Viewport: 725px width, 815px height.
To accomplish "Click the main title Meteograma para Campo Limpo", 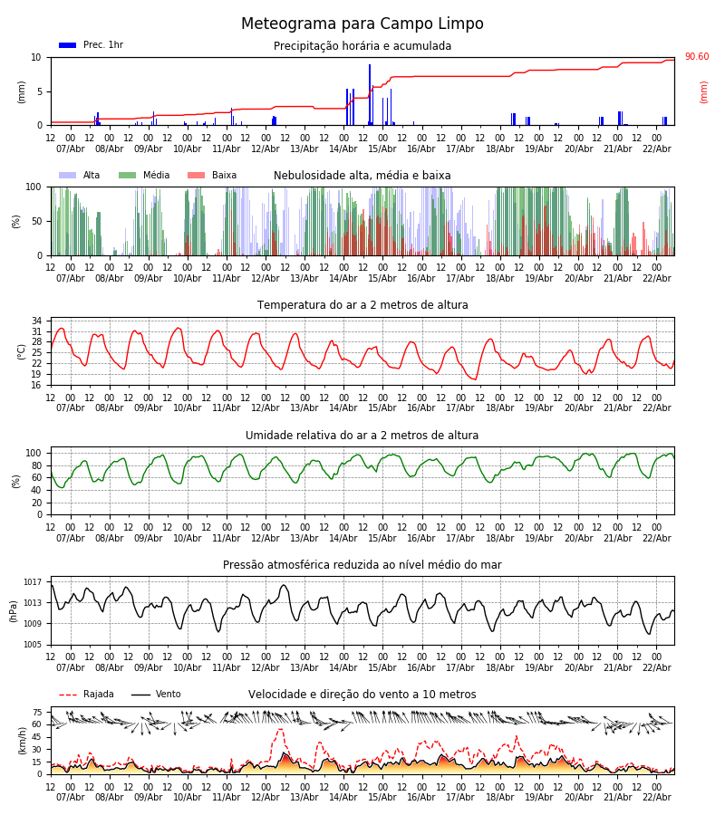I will (362, 24).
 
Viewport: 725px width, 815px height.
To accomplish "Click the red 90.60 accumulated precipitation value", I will (697, 57).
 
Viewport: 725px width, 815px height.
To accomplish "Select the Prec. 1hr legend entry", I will (91, 45).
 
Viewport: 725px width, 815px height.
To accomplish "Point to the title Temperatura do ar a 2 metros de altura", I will (362, 305).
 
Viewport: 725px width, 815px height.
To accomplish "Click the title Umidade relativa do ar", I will (362, 436).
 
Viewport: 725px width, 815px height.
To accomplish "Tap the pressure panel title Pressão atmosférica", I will (362, 565).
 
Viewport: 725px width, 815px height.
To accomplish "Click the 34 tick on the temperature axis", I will (36, 321).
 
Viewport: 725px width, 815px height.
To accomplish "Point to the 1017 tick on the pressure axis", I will (33, 582).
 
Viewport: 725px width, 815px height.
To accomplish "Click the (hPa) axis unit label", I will (14, 610).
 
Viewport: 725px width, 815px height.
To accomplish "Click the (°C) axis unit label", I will (22, 351).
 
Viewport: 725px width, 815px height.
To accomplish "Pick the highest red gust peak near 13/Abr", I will (280, 730).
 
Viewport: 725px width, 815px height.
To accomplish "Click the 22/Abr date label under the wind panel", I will (657, 797).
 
